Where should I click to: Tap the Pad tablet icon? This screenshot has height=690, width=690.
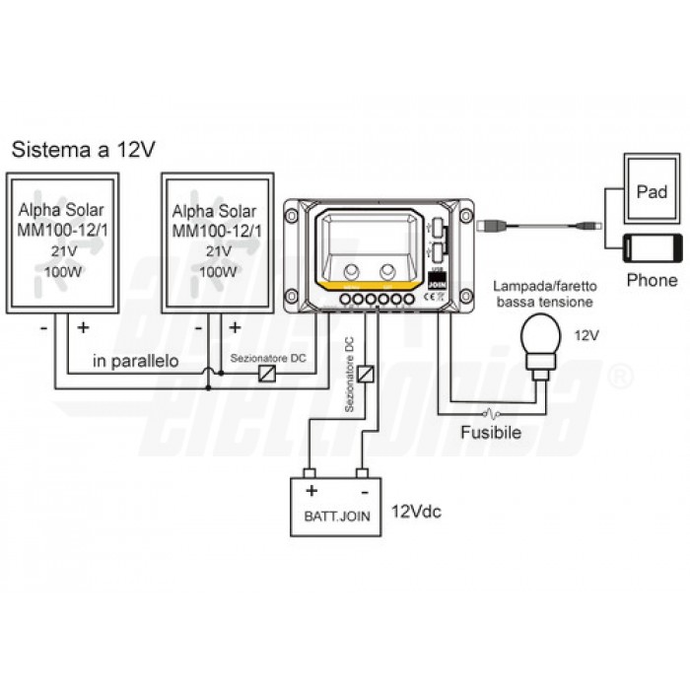(652, 190)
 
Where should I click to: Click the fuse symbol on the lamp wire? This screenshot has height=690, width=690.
(491, 412)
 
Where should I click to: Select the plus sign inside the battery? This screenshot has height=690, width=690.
(311, 490)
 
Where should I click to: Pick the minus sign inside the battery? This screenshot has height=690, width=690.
(364, 490)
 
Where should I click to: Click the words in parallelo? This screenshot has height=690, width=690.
(136, 362)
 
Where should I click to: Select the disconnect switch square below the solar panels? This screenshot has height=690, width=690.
(265, 375)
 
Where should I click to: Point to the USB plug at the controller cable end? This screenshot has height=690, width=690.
(490, 226)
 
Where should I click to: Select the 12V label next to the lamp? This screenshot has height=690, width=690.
(586, 336)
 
